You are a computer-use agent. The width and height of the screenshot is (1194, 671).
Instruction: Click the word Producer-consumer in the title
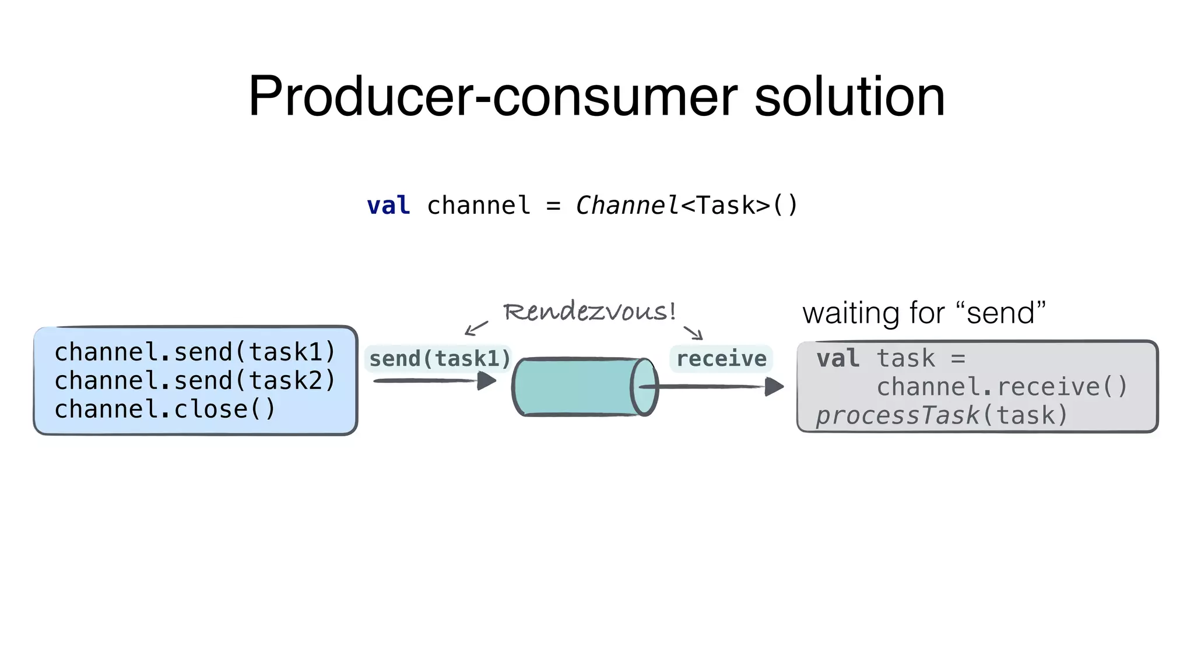493,97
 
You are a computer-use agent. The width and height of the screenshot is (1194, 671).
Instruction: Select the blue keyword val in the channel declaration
388,206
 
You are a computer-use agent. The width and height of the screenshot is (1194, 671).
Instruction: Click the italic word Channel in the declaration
627,206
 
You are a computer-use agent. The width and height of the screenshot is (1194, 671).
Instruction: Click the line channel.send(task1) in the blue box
195,352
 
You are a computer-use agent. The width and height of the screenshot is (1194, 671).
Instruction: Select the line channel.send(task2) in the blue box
195,380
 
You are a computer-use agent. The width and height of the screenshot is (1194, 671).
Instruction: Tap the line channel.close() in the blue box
164,409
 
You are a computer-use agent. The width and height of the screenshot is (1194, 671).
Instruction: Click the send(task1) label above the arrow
440,359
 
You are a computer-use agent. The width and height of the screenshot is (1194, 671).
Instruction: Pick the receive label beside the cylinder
721,359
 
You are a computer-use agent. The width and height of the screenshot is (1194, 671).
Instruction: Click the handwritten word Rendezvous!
589,312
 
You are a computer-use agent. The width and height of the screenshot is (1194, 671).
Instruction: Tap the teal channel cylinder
577,386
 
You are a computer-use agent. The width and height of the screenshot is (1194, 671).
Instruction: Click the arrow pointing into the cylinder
434,381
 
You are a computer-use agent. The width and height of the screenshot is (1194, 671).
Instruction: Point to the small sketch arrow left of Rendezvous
476,328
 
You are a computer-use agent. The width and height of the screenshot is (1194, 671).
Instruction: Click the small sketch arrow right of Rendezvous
693,332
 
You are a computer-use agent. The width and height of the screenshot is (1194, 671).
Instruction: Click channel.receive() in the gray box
1002,387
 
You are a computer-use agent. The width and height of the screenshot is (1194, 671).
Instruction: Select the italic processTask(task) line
942,415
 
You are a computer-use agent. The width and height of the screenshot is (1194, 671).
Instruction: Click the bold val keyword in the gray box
838,358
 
